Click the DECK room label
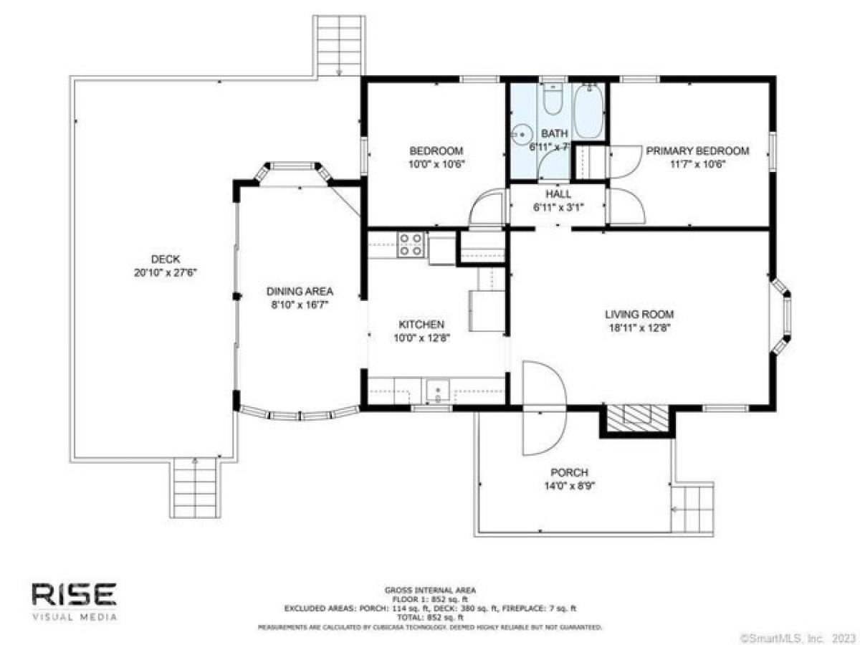tap(165, 259)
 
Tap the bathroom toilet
tap(552, 102)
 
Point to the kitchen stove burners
tap(411, 244)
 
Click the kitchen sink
tap(436, 391)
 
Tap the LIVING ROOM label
tap(639, 314)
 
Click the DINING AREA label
tap(300, 292)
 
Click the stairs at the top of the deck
tap(338, 44)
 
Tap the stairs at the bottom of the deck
tap(196, 487)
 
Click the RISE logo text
tap(73, 594)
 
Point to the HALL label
tap(557, 193)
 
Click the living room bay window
tap(783, 315)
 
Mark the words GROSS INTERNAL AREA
tap(430, 591)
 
